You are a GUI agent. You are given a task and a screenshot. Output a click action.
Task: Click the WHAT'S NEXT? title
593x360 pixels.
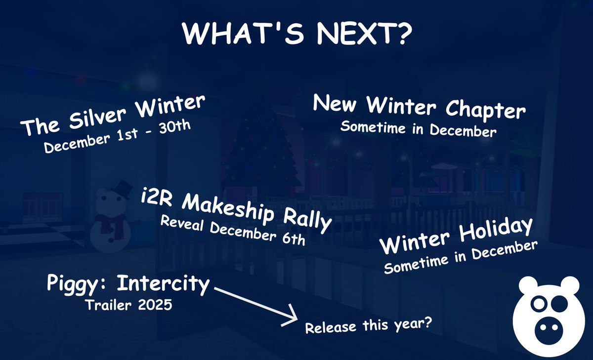point(296,34)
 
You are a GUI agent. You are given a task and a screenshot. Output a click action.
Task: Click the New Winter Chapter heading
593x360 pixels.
point(419,106)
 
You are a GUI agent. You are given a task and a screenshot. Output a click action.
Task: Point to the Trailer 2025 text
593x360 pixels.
point(128,305)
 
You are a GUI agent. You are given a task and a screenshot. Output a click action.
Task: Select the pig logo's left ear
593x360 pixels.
point(527,285)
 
